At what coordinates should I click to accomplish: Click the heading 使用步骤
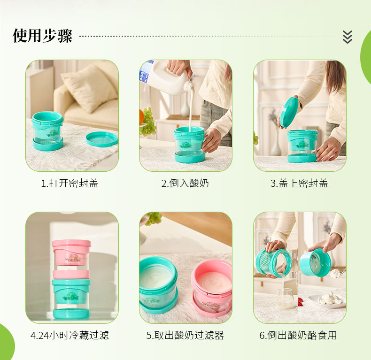42,36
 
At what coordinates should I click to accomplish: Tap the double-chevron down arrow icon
348,37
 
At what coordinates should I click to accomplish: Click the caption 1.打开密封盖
70,184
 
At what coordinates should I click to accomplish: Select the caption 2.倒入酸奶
185,184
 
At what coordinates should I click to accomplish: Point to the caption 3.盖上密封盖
299,184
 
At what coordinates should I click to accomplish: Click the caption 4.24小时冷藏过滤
70,336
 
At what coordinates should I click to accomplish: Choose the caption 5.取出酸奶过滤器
185,336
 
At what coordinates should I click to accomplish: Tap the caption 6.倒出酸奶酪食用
298,336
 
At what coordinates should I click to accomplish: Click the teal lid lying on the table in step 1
102,139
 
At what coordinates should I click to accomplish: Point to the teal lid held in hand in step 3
289,111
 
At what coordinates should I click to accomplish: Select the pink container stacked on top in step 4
71,259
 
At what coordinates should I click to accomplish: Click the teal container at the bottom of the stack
71,299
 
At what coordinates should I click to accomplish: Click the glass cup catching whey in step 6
286,299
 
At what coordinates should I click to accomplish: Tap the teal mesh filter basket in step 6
273,262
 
